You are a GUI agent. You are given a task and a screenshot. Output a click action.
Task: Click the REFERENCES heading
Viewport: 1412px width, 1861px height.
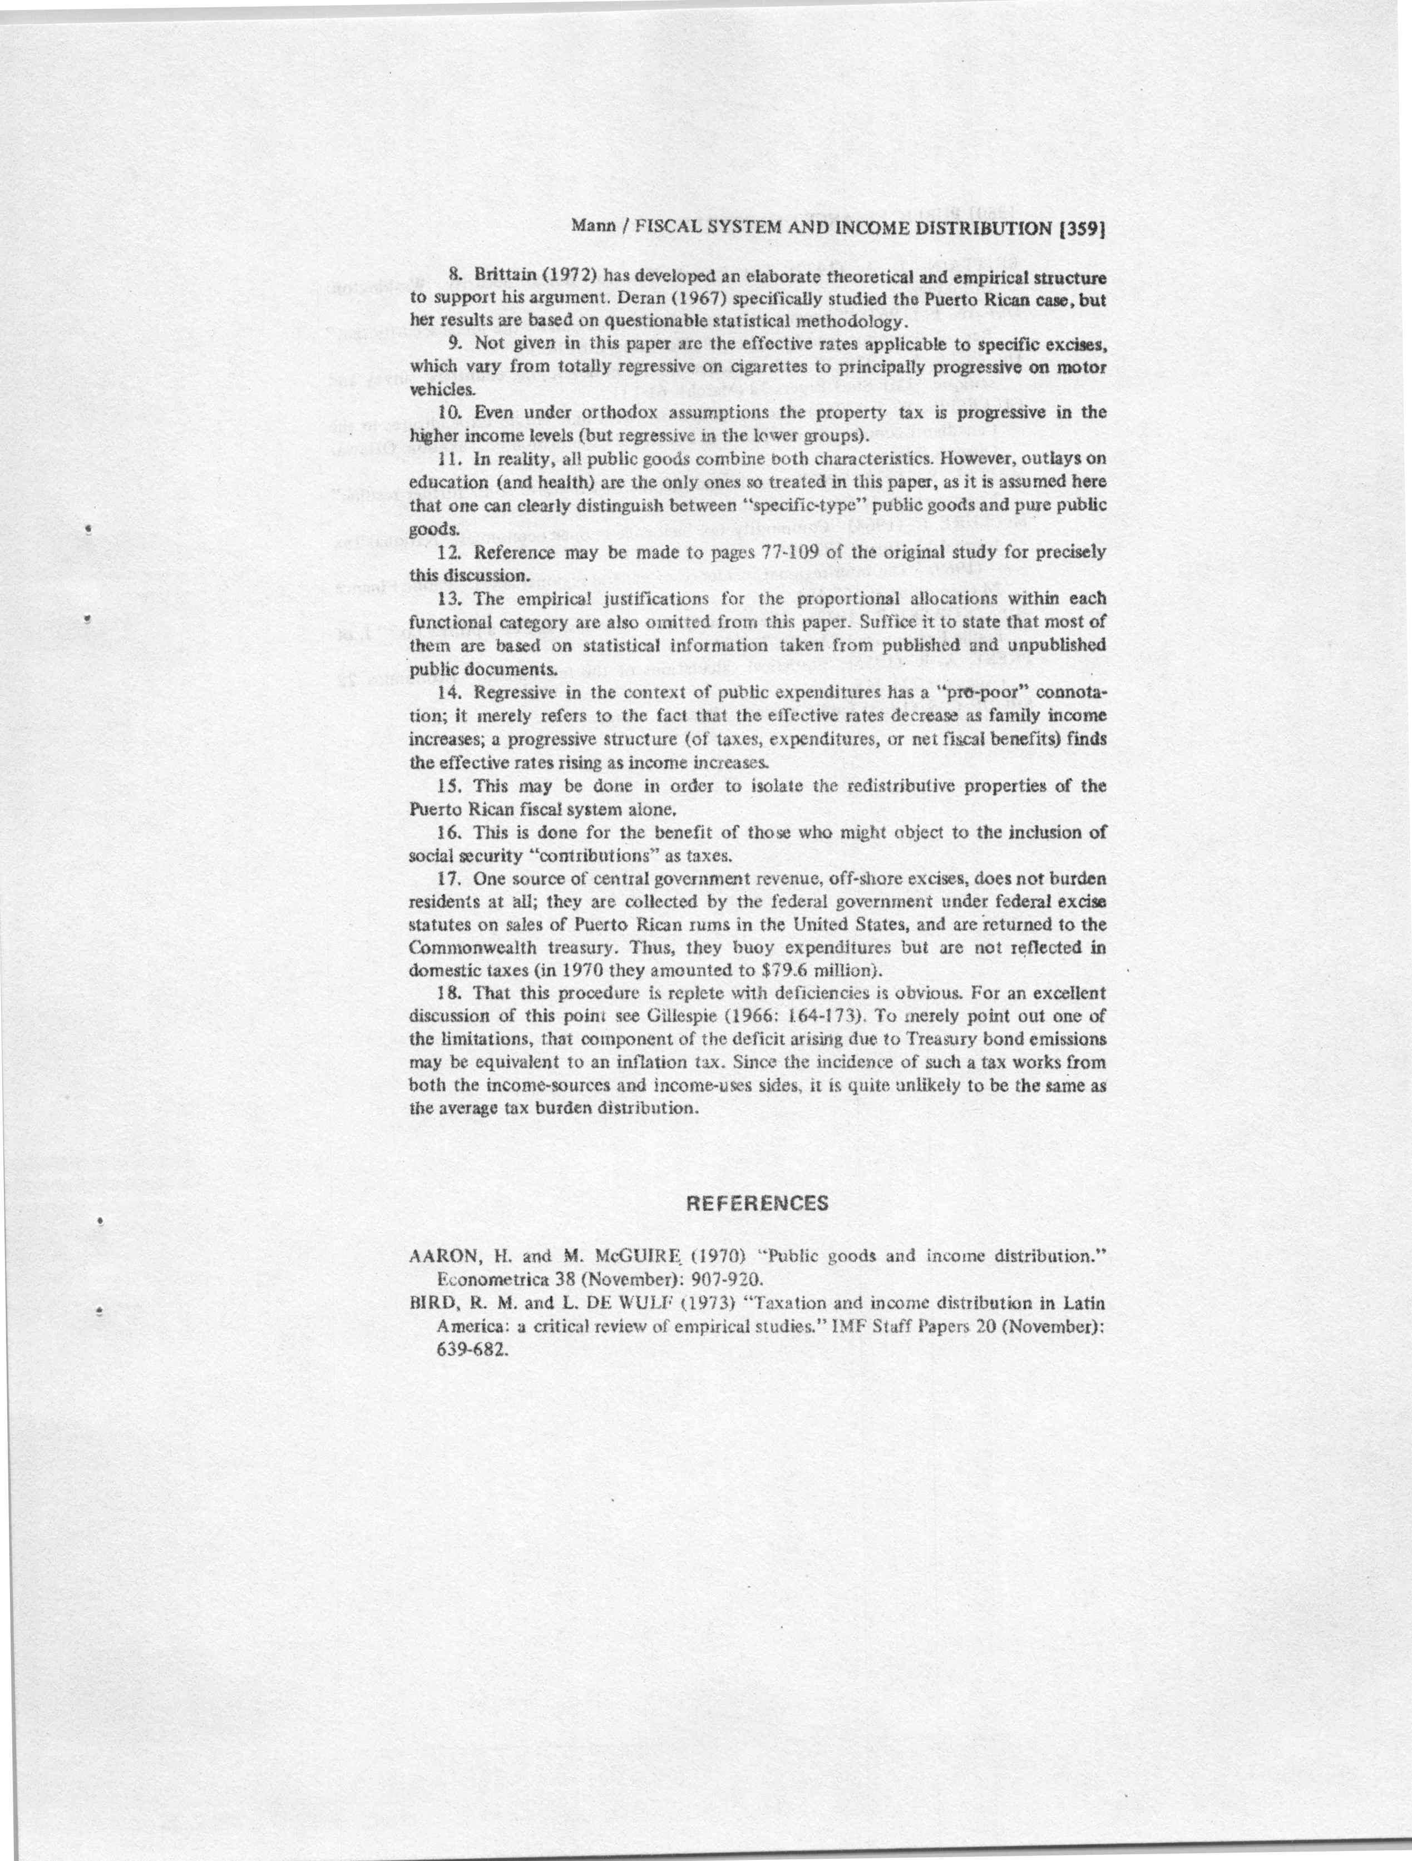coord(757,1203)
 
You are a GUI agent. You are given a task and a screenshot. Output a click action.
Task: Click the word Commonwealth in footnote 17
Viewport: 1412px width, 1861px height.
coord(460,947)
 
